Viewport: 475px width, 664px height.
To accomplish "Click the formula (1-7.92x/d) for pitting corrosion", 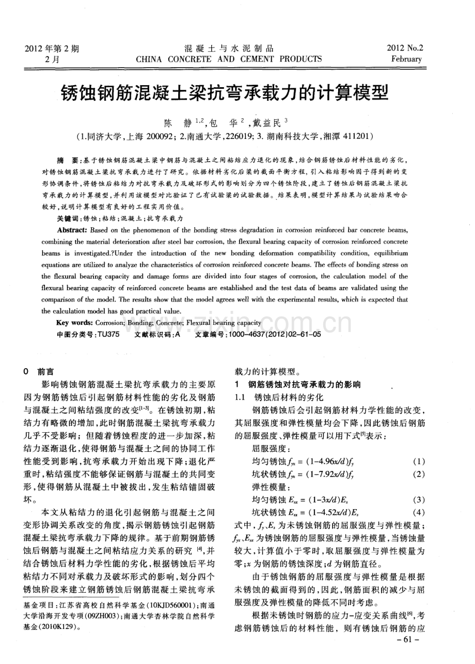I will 334,473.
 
